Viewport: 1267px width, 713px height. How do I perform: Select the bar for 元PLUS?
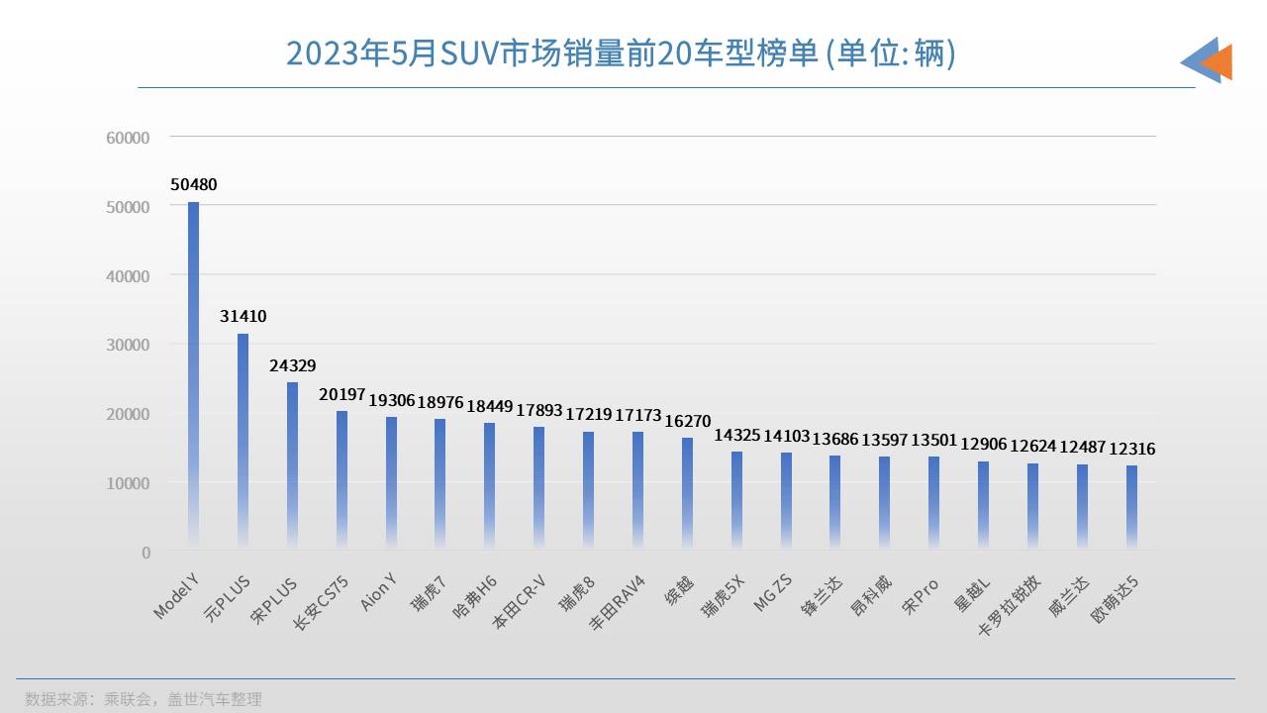pos(243,440)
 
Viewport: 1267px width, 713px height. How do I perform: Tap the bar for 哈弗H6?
pos(489,484)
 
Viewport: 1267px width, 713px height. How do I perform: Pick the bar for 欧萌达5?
pos(1130,506)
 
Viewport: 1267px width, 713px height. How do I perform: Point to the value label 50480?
pos(193,185)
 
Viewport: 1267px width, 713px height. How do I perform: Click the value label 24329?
pos(292,365)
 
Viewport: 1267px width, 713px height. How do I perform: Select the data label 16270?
pos(687,421)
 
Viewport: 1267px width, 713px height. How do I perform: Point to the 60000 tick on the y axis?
pos(128,138)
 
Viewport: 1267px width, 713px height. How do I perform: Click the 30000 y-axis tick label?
pos(128,345)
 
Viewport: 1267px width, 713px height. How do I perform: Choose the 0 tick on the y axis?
pos(146,552)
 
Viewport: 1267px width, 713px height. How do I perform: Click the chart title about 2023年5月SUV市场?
pos(621,53)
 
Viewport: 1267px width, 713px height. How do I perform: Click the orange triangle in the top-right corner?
pos(1218,61)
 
